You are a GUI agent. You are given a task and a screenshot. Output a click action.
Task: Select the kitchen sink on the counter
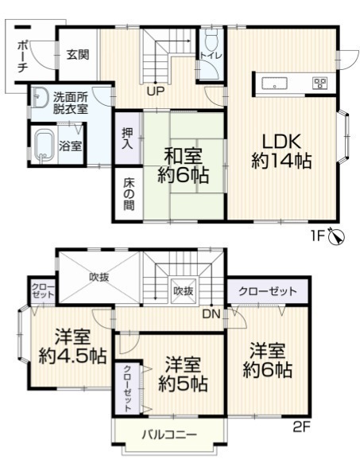(274, 83)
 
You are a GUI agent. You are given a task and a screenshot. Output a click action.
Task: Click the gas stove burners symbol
(319, 83)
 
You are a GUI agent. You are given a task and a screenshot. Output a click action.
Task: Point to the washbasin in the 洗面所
(40, 97)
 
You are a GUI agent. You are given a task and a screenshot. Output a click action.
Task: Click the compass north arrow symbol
(337, 236)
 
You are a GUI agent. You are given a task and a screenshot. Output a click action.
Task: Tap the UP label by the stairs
(156, 91)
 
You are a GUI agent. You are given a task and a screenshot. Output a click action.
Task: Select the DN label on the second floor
(211, 315)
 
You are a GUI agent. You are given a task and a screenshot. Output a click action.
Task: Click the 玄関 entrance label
(78, 55)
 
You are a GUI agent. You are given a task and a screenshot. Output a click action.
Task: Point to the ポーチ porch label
(23, 57)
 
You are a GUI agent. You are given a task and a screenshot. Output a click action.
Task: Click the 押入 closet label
(128, 138)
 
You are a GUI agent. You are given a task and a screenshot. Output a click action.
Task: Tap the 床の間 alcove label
(129, 194)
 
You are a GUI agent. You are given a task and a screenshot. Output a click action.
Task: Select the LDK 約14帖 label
(282, 151)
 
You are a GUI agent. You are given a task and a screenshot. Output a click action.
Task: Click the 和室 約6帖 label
(184, 165)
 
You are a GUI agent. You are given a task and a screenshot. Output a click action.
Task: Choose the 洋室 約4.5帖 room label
(72, 347)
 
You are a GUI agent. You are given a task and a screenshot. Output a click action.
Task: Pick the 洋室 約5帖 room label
(183, 375)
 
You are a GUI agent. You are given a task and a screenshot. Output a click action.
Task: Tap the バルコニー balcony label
(169, 434)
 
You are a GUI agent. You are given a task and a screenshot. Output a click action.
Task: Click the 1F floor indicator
(318, 236)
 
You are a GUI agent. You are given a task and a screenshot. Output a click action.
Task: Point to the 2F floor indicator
(301, 427)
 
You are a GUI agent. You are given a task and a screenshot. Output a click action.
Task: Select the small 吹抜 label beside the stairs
(184, 291)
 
